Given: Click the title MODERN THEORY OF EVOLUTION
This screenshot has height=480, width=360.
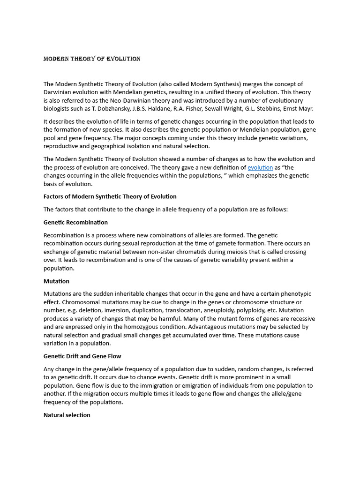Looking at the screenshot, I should pyautogui.click(x=92, y=59).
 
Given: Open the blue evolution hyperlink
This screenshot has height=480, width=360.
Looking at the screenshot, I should pyautogui.click(x=260, y=167).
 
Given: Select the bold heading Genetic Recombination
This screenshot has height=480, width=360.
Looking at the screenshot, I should pyautogui.click(x=75, y=222).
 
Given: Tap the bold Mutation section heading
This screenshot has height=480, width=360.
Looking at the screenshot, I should pyautogui.click(x=56, y=281).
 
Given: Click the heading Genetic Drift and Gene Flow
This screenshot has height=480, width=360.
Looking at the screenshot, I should pyautogui.click(x=82, y=356).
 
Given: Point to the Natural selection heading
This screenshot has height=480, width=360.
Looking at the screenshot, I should pyautogui.click(x=67, y=415).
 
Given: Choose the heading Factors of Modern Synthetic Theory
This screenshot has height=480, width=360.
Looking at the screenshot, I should pyautogui.click(x=110, y=196).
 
